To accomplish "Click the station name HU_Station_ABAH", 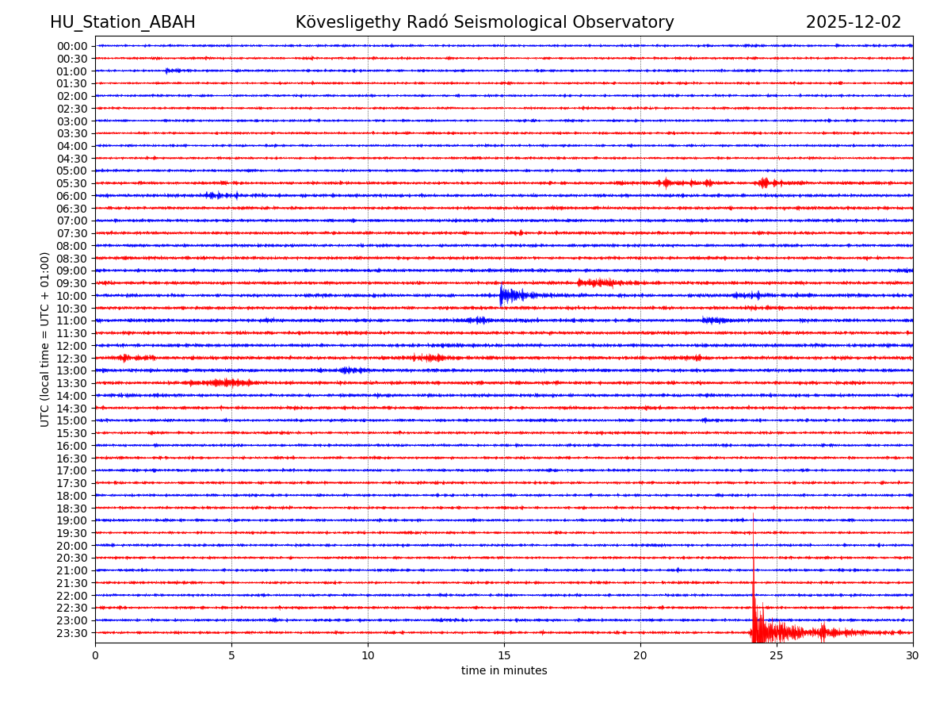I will tap(122, 22).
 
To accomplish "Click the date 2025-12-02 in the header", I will tap(853, 22).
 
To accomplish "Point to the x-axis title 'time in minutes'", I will tap(504, 671).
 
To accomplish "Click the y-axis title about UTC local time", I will tap(45, 339).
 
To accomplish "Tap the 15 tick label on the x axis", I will tap(504, 656).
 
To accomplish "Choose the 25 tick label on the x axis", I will tap(777, 656).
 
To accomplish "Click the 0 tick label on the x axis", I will tap(95, 656).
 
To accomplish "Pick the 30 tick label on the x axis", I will tap(913, 656).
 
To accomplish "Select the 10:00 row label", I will tap(71, 296).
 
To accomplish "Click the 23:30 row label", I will tap(71, 633).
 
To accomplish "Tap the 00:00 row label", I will tap(71, 46).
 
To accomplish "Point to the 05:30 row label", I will tap(71, 183).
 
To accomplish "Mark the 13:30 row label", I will tap(71, 383).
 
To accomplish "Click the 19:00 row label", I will tap(71, 520).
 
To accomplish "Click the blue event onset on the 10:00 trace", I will tap(502, 295).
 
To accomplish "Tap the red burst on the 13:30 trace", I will tap(222, 383).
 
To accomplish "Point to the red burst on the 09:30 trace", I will tap(598, 282).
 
